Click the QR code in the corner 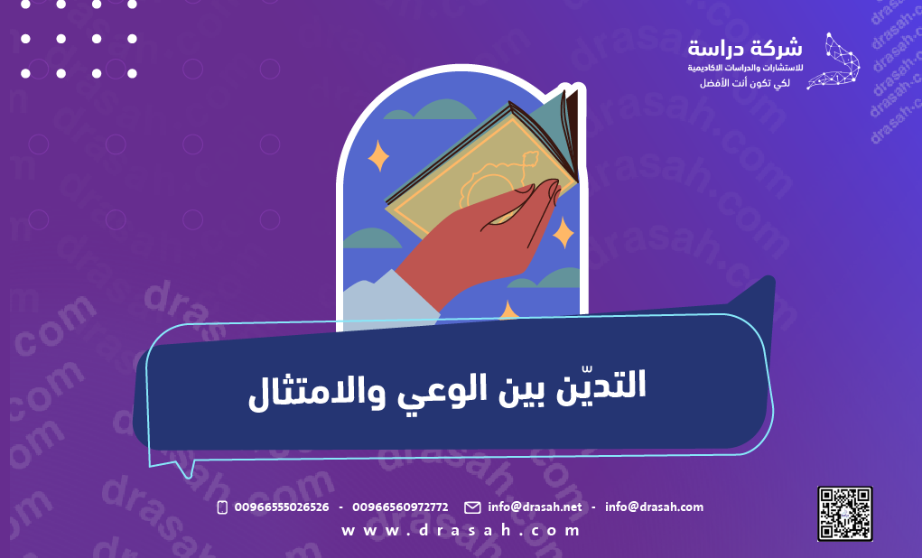(845, 513)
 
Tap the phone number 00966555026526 (281, 507)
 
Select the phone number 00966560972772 (400, 507)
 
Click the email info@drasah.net (535, 507)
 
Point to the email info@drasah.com (654, 507)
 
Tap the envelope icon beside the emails (472, 507)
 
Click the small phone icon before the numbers (222, 507)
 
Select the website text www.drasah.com (461, 531)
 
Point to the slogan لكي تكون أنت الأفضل (745, 83)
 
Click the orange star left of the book (378, 157)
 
